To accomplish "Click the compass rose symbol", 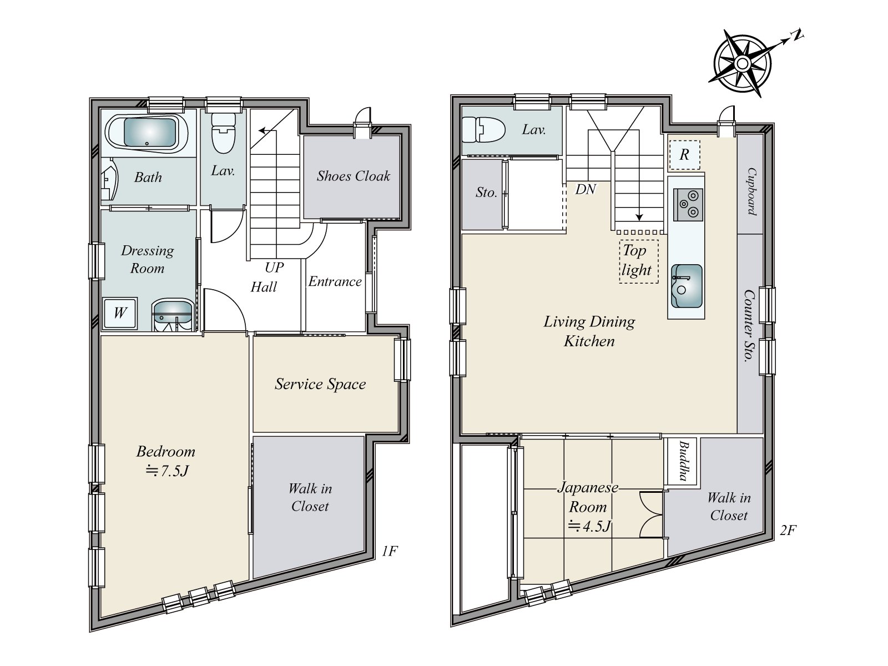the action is click(742, 64).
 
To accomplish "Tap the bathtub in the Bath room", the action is click(148, 132).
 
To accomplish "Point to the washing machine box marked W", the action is click(120, 314).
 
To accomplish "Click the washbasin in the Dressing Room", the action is click(173, 315).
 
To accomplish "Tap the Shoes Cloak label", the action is click(353, 176).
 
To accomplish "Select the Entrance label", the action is click(335, 281).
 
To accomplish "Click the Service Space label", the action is click(320, 384).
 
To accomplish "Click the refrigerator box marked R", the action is click(684, 155).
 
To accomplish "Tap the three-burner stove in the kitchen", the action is click(688, 205).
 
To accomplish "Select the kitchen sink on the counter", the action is click(687, 286).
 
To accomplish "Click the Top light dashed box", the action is click(639, 261).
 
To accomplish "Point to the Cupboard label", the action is click(751, 191).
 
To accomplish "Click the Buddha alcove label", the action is click(683, 461).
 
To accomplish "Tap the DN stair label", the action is click(586, 189).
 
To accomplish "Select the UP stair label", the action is click(274, 268).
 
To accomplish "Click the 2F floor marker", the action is click(788, 530).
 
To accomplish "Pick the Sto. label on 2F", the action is click(486, 193).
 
